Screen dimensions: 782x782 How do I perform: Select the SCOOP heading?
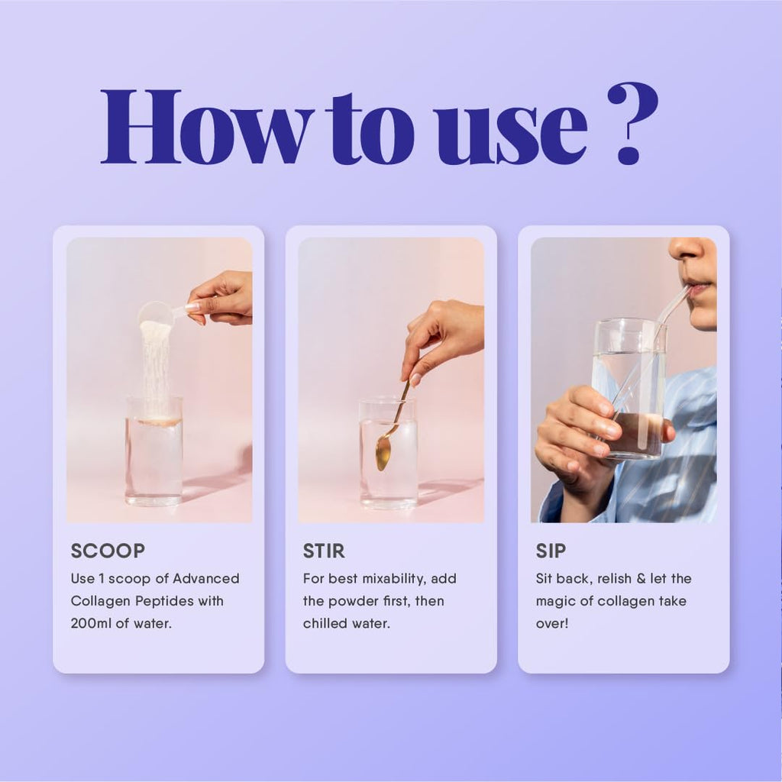pyautogui.click(x=108, y=551)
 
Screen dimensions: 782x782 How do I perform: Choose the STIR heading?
pyautogui.click(x=324, y=551)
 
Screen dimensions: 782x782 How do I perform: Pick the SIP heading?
pyautogui.click(x=551, y=551)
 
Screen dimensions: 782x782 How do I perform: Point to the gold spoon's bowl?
pyautogui.click(x=383, y=454)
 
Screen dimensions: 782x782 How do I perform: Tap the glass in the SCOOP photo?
pyautogui.click(x=153, y=451)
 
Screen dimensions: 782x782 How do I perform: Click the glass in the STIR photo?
pyautogui.click(x=389, y=454)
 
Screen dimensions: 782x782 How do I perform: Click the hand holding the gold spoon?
pyautogui.click(x=441, y=340)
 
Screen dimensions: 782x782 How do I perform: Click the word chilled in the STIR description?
pyautogui.click(x=325, y=623)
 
